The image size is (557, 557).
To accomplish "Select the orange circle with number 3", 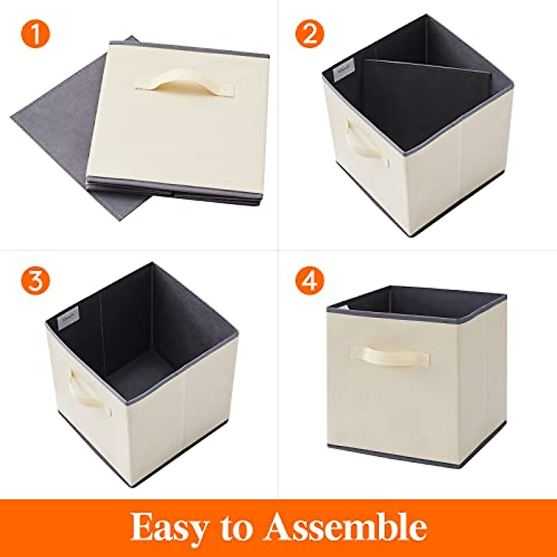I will click(34, 281).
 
